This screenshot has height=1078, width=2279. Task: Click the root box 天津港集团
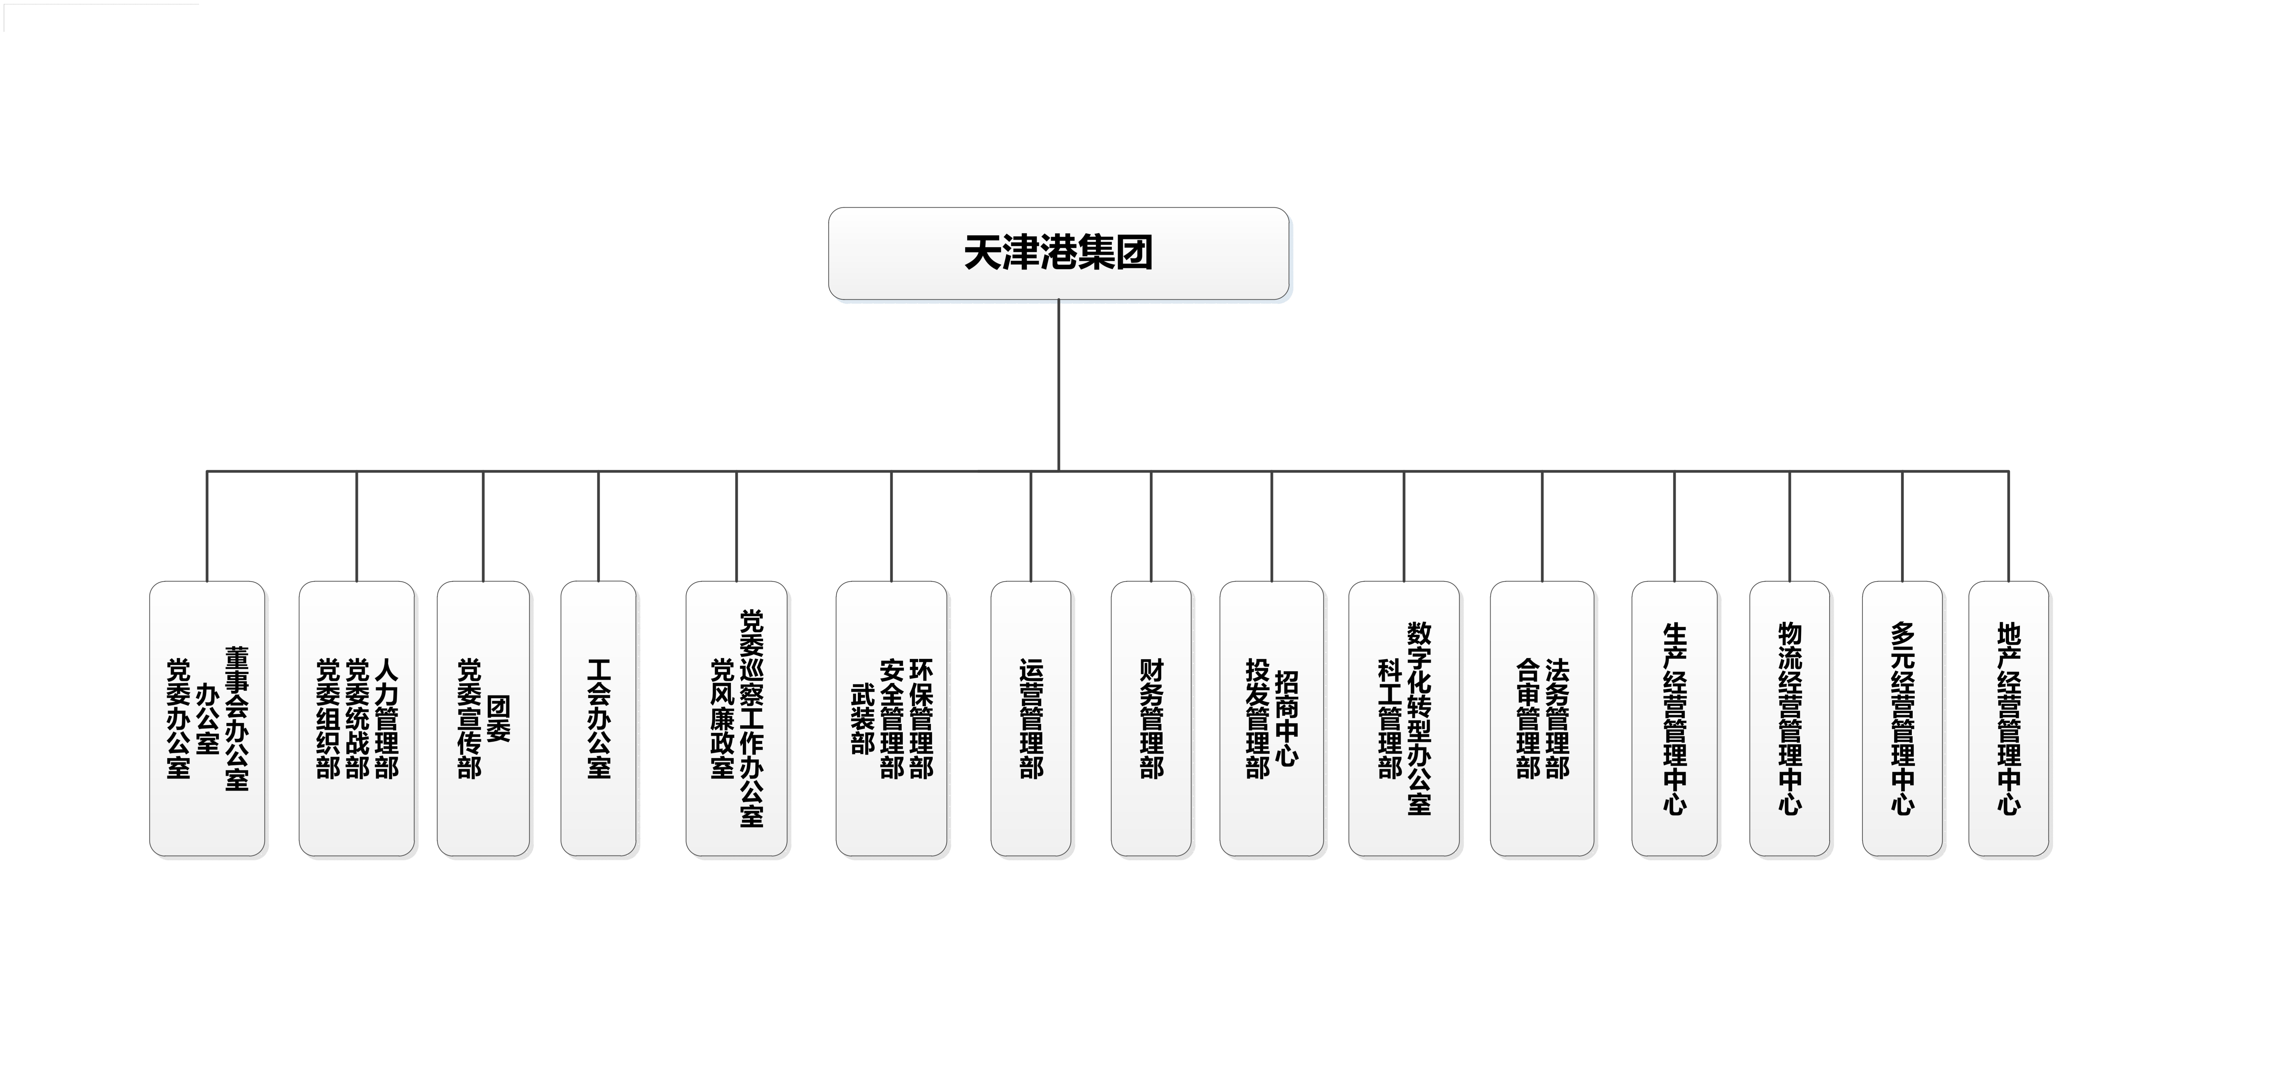coord(1058,254)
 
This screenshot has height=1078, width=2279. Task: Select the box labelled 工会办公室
coord(598,718)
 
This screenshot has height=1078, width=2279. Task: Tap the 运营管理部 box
coord(1031,718)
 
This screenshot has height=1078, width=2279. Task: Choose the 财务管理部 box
coord(1151,718)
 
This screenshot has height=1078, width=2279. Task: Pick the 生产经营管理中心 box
coord(1674,718)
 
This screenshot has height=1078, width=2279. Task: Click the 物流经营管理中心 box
coord(1789,718)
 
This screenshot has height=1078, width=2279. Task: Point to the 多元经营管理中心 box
coord(1902,718)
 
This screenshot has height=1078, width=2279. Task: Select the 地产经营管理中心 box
coord(2008,718)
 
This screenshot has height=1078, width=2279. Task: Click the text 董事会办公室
coord(236,718)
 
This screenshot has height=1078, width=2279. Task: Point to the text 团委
coord(498,718)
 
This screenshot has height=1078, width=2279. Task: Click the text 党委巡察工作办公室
coord(751,718)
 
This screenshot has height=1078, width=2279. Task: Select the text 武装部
coord(863,718)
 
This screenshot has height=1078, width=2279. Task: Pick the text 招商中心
coord(1286,718)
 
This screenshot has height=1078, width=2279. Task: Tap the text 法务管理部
coord(1557,718)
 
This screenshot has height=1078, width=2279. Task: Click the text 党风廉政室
coord(722,718)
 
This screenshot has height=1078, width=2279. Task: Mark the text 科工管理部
coord(1390,718)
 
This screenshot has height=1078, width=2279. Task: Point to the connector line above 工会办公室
coord(598,526)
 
